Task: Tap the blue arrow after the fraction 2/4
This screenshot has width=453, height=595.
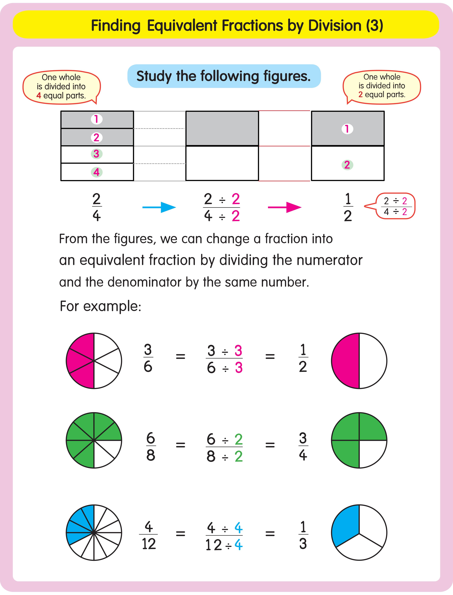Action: (x=159, y=207)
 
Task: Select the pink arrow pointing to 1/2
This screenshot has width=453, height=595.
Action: (x=284, y=207)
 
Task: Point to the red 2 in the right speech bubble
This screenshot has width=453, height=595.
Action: (x=360, y=94)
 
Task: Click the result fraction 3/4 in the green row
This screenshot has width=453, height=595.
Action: (x=303, y=447)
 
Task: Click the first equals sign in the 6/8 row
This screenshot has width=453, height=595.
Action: (x=180, y=445)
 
